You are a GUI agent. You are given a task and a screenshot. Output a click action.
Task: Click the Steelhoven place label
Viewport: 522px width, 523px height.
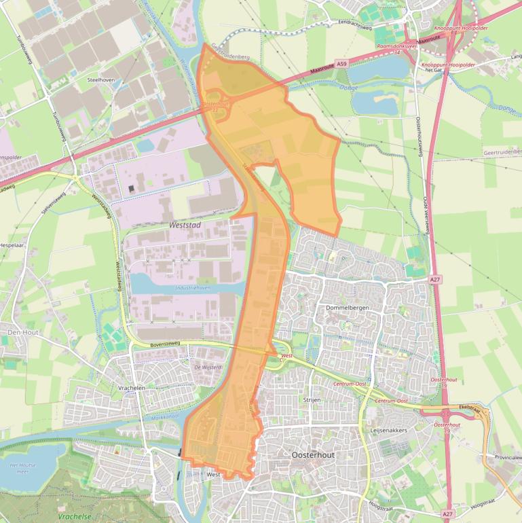coord(98,79)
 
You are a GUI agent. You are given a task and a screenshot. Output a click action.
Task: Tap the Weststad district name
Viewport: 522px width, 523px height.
coord(184,222)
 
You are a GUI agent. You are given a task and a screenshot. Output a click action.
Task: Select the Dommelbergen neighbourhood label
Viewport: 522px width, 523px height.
coord(346,308)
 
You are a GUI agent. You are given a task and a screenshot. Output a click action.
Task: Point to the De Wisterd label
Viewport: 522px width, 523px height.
coord(208,367)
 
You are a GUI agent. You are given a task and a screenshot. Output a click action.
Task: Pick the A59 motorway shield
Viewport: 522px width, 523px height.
coord(341,63)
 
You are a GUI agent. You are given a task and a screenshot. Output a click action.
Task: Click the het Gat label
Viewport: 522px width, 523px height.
coord(433,71)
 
